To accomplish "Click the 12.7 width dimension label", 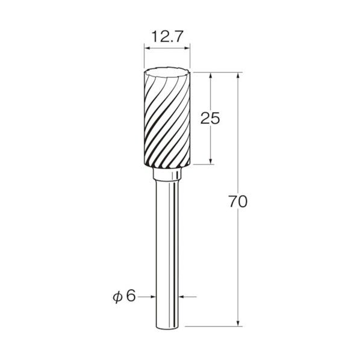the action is click(167, 37).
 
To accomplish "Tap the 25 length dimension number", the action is click(210, 119).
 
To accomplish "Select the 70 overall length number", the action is click(238, 201).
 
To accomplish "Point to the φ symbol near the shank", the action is click(117, 297).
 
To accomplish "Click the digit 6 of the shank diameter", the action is click(131, 296).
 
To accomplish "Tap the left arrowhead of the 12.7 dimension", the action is click(147, 48).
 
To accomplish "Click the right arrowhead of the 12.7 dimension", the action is click(187, 48).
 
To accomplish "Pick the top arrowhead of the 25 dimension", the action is click(211, 75).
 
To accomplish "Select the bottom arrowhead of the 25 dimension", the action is click(211, 161).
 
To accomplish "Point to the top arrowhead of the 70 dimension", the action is click(238, 75).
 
